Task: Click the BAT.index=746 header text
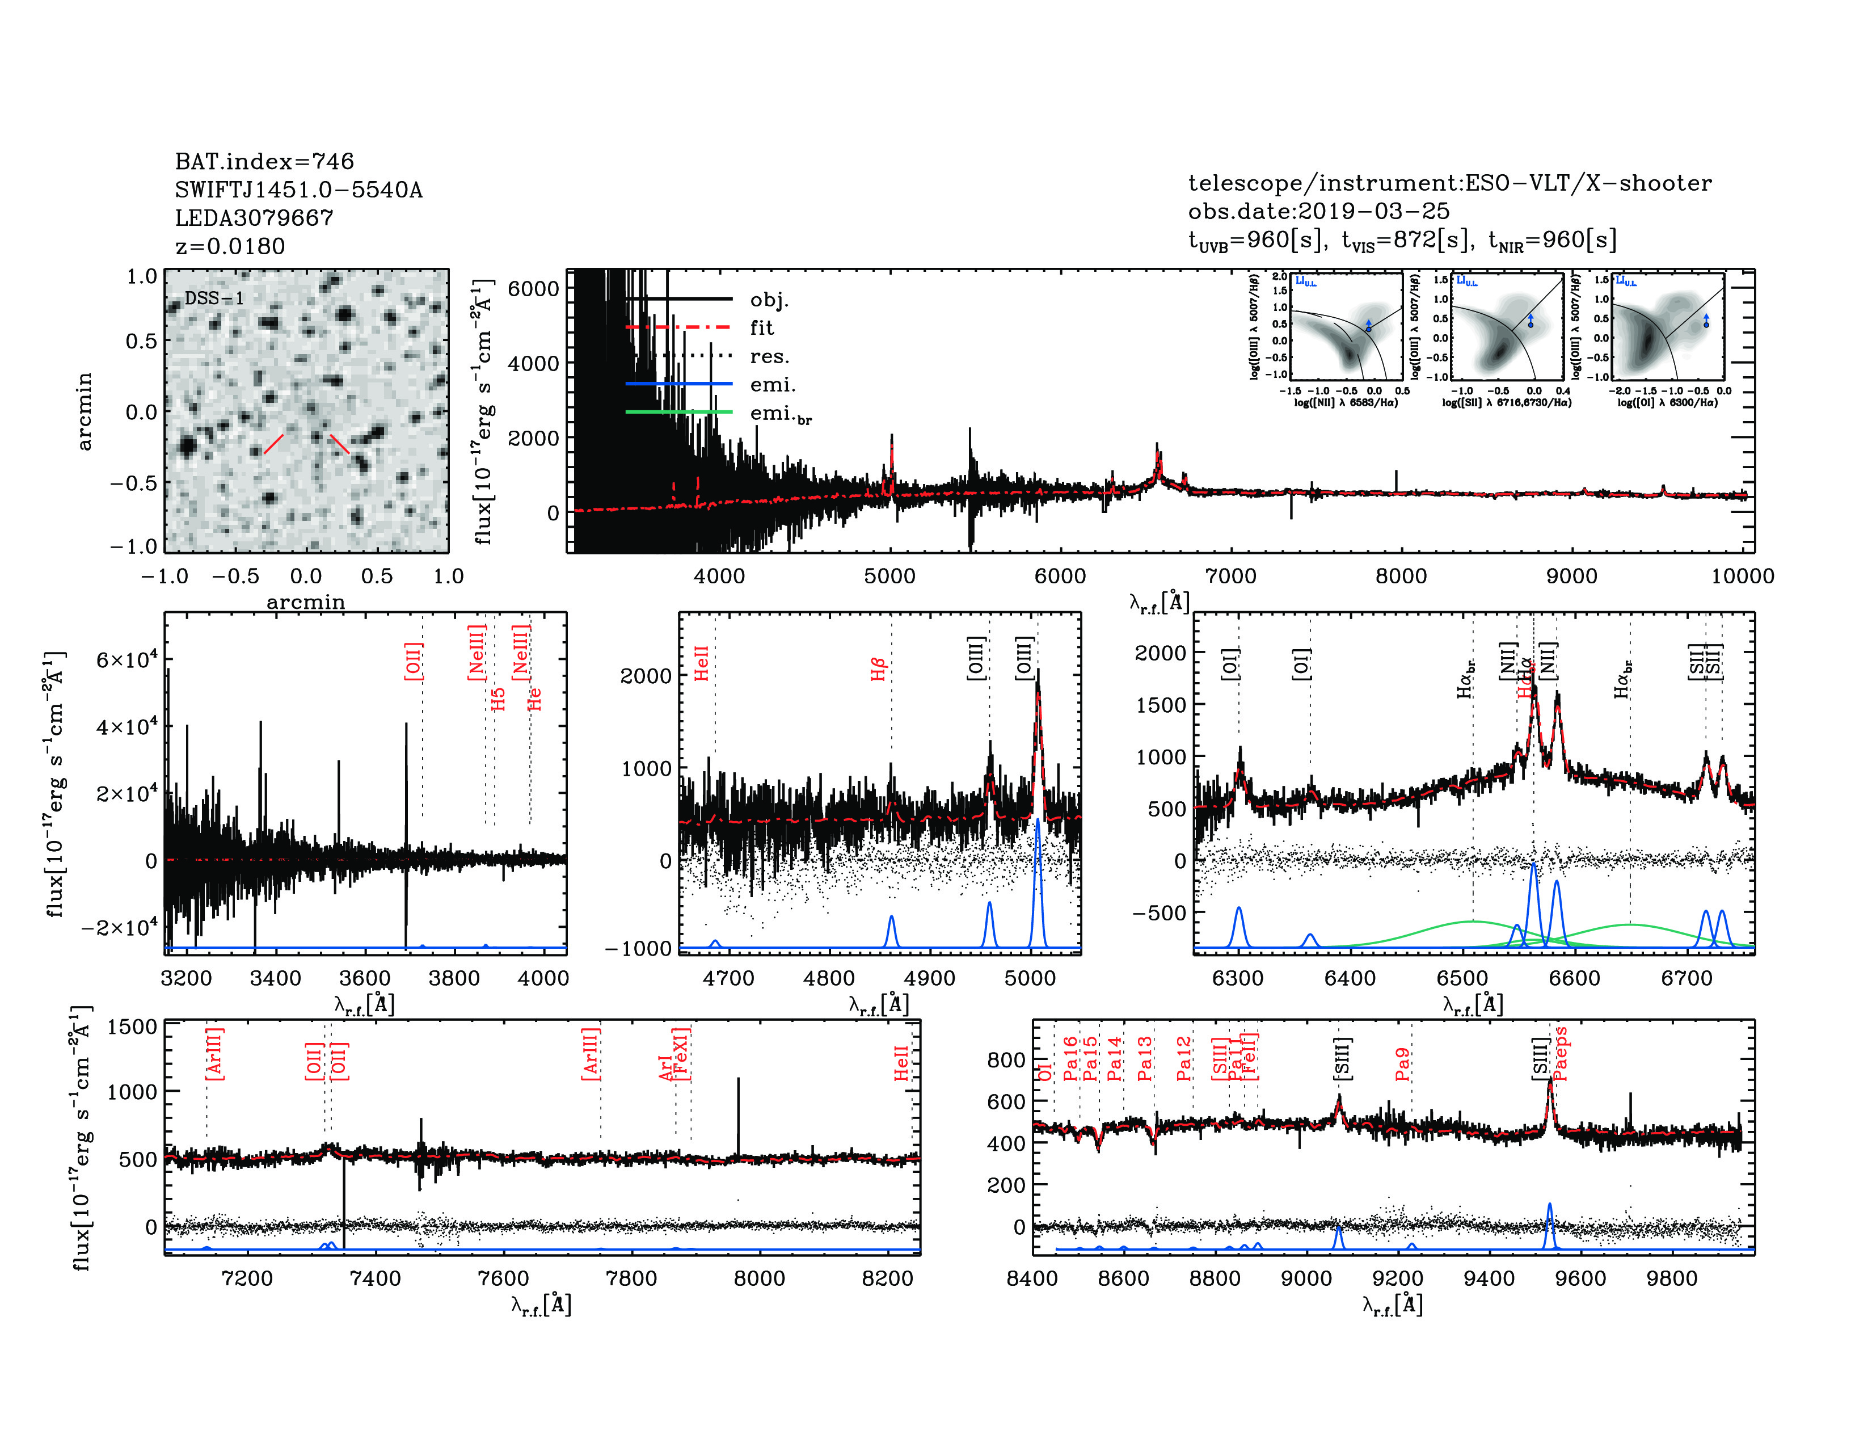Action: pos(264,161)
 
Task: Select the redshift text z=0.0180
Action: pos(230,246)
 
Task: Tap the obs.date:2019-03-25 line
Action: pos(1318,211)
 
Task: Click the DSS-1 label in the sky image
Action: pos(214,298)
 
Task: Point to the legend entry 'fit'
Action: pos(761,327)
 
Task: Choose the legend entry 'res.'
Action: pos(769,356)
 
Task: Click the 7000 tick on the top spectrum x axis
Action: pos(1231,576)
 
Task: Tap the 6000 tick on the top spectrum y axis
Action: pos(533,288)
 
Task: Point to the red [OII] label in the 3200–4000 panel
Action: pos(413,661)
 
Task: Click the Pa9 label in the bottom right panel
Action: pos(1402,1064)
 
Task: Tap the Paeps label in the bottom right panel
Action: pos(1560,1054)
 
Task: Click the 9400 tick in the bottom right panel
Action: pos(1489,1278)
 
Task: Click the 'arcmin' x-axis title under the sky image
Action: pos(305,601)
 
